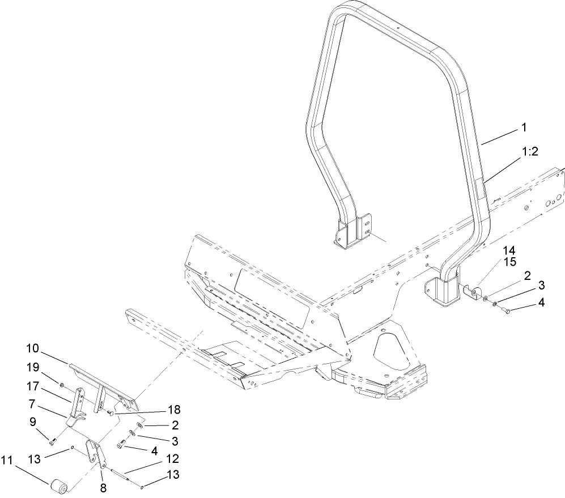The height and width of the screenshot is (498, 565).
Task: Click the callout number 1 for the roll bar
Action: pyautogui.click(x=524, y=129)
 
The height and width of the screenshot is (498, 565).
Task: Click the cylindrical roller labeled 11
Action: pyautogui.click(x=58, y=486)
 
